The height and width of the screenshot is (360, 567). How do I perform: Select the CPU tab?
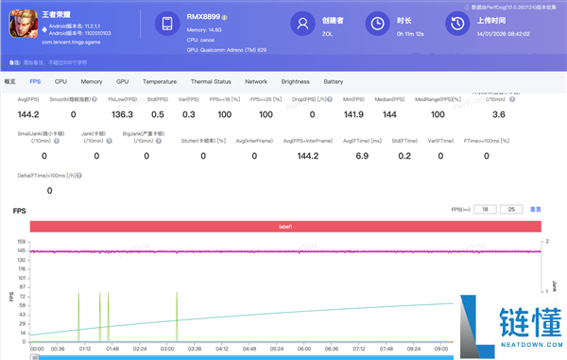click(x=61, y=82)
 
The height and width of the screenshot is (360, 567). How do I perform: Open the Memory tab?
click(x=92, y=82)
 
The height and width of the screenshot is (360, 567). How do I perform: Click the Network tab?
click(x=256, y=82)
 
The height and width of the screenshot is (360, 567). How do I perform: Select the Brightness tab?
click(x=295, y=82)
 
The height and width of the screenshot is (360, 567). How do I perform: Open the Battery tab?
click(x=333, y=82)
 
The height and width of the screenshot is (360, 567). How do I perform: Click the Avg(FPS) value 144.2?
click(x=29, y=113)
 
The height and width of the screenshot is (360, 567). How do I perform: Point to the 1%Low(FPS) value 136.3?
click(x=122, y=113)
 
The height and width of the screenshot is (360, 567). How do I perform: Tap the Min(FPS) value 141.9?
click(x=353, y=113)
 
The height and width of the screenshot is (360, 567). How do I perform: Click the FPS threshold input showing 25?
click(x=511, y=209)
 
